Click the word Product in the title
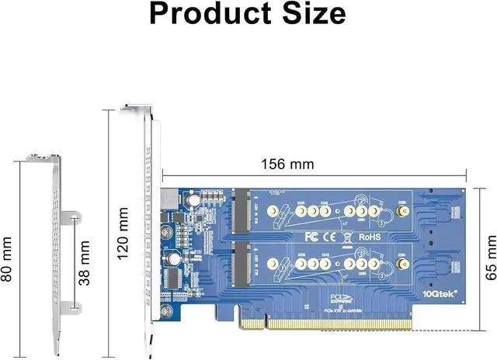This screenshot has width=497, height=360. click(203, 14)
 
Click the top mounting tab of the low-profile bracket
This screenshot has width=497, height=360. click(43, 157)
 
